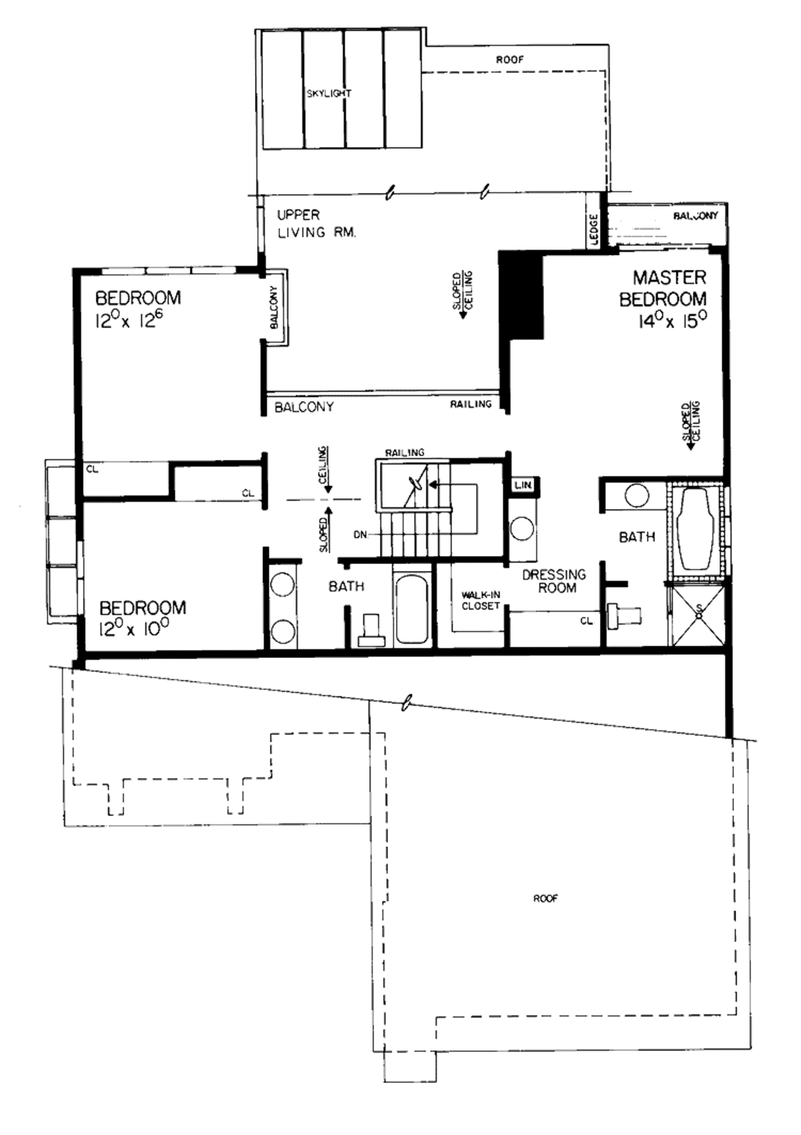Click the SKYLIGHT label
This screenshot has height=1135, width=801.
pyautogui.click(x=329, y=93)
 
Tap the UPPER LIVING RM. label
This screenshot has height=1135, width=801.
pyautogui.click(x=316, y=223)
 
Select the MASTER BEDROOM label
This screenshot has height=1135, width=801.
pyautogui.click(x=664, y=288)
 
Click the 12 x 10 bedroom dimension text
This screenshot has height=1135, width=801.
pyautogui.click(x=134, y=628)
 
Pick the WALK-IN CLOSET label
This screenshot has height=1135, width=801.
pyautogui.click(x=480, y=600)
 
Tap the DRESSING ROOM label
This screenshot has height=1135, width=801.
pyautogui.click(x=554, y=581)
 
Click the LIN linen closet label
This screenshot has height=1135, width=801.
pyautogui.click(x=523, y=486)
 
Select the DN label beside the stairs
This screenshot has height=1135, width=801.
pyautogui.click(x=360, y=535)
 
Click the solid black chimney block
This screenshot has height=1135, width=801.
pyautogui.click(x=522, y=295)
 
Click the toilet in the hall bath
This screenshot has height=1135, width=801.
pyautogui.click(x=371, y=630)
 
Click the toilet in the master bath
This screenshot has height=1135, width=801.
pyautogui.click(x=626, y=615)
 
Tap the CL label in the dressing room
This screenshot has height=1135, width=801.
pyautogui.click(x=586, y=620)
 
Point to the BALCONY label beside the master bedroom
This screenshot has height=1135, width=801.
pyautogui.click(x=695, y=215)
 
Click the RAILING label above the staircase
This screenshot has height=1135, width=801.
pyautogui.click(x=404, y=453)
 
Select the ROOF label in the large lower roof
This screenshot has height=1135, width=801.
pyautogui.click(x=545, y=899)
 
